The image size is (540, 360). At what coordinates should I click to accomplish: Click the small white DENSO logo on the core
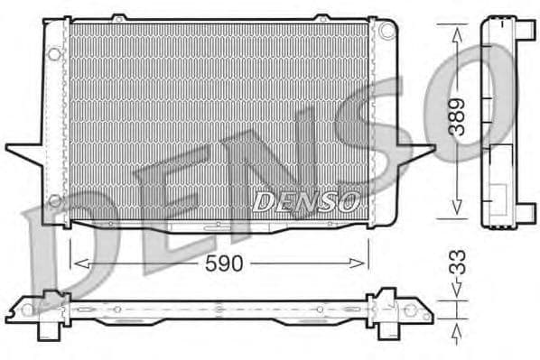click(306, 201)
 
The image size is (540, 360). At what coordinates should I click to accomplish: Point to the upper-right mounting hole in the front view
click(387, 31)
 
